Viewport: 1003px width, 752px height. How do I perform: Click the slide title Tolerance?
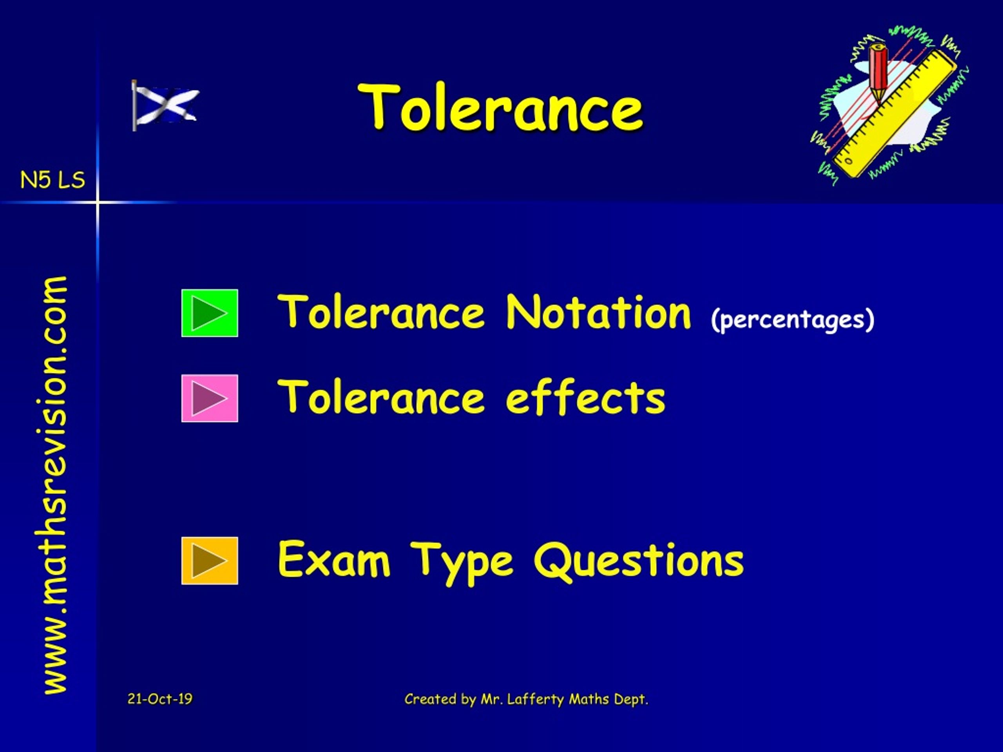coord(500,108)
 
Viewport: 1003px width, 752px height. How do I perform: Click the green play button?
coord(210,313)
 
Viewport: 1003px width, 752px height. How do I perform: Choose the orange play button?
coord(210,561)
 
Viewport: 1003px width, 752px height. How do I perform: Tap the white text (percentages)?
coord(793,319)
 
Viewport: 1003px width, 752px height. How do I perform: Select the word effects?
coord(585,398)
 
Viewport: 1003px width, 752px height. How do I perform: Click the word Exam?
coord(334,560)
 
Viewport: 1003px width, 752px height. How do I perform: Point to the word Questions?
coord(639,561)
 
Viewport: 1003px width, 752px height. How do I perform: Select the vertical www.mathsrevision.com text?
coord(55,485)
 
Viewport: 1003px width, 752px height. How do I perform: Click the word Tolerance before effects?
coord(382,398)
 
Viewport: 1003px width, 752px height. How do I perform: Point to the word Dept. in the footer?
coord(631,700)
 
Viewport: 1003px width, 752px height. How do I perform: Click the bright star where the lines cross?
coord(98,202)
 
